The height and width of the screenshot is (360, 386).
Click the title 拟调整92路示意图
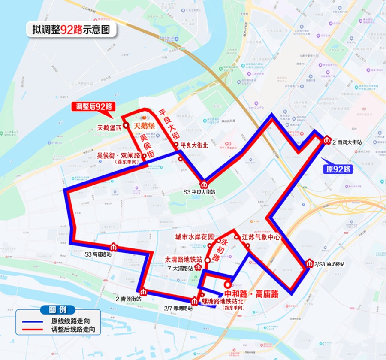[x=71, y=30]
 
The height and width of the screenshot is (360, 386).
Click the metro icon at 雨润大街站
[x=327, y=140]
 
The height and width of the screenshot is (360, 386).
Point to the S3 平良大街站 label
[x=197, y=192]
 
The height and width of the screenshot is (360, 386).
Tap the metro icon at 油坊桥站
[x=310, y=263]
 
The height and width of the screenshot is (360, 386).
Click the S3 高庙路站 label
[x=98, y=254]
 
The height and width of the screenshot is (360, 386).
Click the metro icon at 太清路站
[x=198, y=268]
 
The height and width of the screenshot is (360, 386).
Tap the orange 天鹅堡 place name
[x=145, y=126]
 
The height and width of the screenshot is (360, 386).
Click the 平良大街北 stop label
[x=195, y=145]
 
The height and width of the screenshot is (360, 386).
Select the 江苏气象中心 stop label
[x=261, y=236]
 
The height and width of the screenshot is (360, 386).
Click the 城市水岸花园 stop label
[x=194, y=237]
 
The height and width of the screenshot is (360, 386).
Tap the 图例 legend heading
[x=57, y=310]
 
